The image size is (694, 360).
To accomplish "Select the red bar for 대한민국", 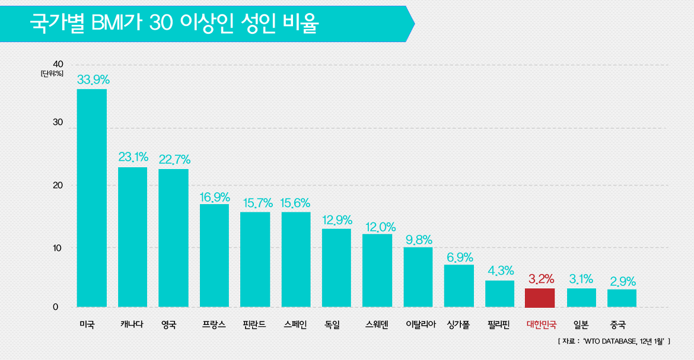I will point(540,298).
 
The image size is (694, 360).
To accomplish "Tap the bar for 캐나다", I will point(133,237).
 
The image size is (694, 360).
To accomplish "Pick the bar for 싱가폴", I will point(459,286).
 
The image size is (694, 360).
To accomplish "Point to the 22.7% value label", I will point(174,160).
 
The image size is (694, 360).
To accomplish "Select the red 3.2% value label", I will point(540,278).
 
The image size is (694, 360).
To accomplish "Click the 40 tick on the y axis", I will point(58,64).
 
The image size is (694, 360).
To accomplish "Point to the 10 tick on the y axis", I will point(58,247).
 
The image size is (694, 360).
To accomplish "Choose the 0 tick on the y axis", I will point(56,307).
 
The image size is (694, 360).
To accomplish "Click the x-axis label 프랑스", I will point(214,325).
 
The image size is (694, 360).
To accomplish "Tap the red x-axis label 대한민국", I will point(541,325).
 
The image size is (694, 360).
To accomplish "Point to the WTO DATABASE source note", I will point(614,341).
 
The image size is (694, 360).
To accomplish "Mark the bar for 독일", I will point(336,267).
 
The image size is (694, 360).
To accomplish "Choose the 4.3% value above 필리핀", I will point(500,271).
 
